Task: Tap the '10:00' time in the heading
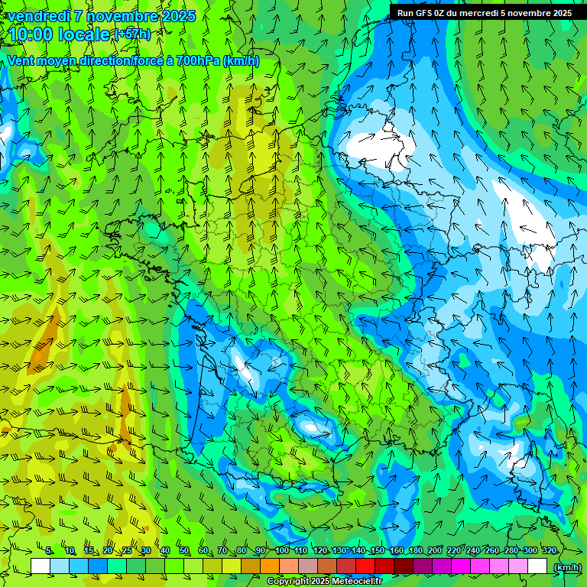click(x=31, y=34)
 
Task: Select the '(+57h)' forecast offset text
click(x=132, y=34)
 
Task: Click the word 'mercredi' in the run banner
click(x=477, y=13)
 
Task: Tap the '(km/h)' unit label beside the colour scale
click(x=566, y=567)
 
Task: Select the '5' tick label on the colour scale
click(x=49, y=551)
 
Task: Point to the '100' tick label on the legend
click(x=282, y=551)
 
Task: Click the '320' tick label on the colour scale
click(x=548, y=551)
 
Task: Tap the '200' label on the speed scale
click(x=435, y=551)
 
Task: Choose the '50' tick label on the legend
click(x=184, y=551)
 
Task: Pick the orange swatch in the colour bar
click(x=270, y=566)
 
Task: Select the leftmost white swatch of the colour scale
click(x=41, y=566)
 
